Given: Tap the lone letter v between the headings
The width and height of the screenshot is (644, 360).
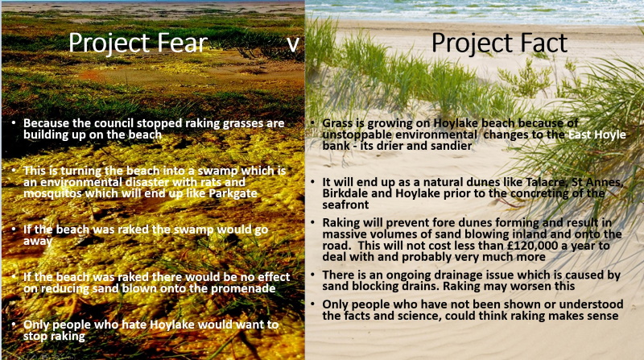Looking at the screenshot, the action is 293,44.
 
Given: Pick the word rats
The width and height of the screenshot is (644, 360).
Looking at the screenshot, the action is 213,182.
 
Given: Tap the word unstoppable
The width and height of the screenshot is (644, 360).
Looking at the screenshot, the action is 353,134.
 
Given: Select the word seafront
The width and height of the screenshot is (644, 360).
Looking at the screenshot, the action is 340,205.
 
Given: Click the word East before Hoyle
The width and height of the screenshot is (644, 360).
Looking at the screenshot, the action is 580,134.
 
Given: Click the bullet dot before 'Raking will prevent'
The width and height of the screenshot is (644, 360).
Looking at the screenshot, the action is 313,222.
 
